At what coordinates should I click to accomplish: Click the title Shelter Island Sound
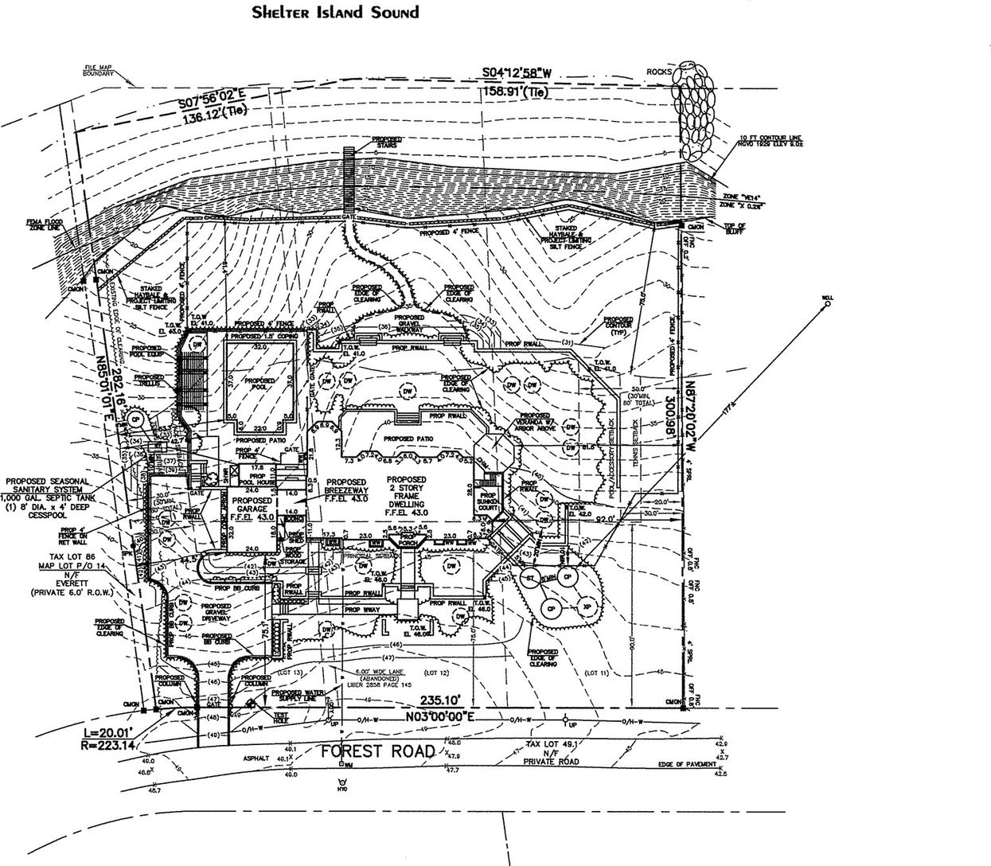pyautogui.click(x=334, y=13)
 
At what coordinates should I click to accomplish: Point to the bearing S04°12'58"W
pyautogui.click(x=517, y=75)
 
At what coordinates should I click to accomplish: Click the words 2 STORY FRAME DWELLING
pyautogui.click(x=407, y=497)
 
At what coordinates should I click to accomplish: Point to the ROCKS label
pyautogui.click(x=659, y=72)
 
